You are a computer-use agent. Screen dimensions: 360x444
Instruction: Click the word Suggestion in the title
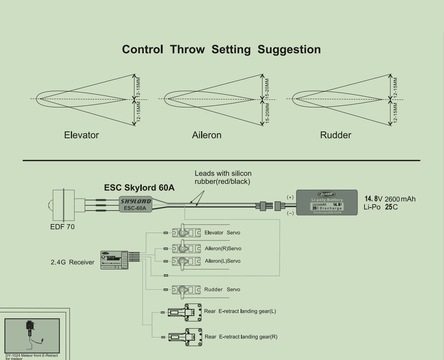pos(289,49)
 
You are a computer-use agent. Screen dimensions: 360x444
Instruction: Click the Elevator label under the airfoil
pos(82,135)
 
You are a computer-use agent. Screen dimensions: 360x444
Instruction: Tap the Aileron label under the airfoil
pos(207,135)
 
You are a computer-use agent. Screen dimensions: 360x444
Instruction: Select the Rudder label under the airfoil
pos(336,135)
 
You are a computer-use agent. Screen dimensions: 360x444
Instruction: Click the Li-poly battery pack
pos(326,203)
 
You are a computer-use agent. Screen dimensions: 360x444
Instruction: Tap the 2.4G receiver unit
pos(114,260)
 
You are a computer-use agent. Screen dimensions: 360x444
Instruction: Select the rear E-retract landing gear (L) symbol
pos(186,311)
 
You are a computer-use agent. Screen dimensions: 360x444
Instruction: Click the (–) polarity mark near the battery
pos(290,213)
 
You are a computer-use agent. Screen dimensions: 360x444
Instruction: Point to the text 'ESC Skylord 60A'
pos(139,188)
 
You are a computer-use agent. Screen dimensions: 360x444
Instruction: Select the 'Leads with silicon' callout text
pos(223,173)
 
